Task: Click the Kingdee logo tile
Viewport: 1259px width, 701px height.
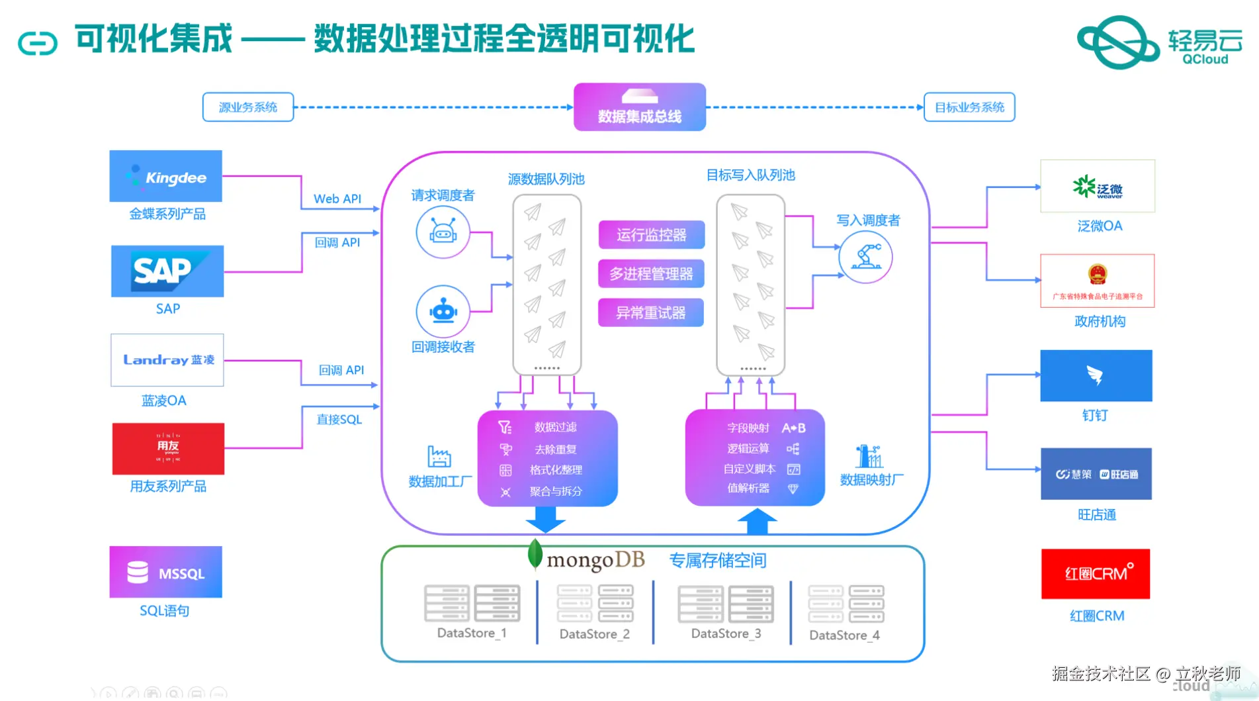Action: tap(165, 176)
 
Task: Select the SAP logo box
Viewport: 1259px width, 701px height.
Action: tap(167, 271)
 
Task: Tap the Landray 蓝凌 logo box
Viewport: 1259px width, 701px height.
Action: tap(167, 360)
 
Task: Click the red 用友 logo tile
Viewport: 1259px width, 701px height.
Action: tap(168, 449)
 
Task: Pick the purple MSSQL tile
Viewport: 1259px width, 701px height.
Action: tap(165, 572)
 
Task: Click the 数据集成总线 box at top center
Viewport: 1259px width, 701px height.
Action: tap(639, 107)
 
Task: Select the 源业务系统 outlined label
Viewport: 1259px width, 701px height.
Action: tap(248, 107)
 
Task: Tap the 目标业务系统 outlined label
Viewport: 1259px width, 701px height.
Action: tap(969, 107)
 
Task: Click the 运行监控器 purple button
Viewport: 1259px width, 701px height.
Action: tap(651, 235)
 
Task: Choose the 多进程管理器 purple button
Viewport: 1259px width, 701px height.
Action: tap(651, 273)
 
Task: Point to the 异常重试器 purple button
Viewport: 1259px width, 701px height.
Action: tap(651, 312)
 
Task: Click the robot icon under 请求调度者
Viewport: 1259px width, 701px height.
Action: tap(443, 232)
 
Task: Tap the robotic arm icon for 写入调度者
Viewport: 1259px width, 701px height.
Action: tap(865, 257)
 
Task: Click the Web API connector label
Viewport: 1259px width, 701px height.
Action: tap(337, 199)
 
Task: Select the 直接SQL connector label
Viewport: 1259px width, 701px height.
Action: tap(339, 419)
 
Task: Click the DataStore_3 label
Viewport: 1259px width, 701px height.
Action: tap(726, 633)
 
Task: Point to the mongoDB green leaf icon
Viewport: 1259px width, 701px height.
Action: tap(535, 555)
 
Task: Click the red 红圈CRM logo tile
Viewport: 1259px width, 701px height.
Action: tap(1096, 574)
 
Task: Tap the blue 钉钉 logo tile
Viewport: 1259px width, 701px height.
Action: tap(1096, 375)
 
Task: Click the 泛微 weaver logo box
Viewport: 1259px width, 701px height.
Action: tap(1097, 186)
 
